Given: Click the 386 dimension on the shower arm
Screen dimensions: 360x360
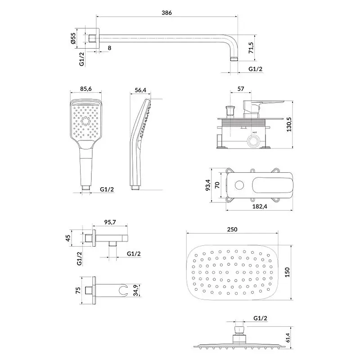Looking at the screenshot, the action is point(166,13).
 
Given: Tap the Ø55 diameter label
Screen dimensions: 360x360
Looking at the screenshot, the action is point(73,38).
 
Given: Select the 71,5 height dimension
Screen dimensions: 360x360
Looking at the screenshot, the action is point(251,48).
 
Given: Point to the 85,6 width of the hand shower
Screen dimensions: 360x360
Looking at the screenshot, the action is point(86,89).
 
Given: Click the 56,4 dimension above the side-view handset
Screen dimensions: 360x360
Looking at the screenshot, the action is point(140,90).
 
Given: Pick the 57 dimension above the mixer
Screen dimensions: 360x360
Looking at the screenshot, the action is point(241,89).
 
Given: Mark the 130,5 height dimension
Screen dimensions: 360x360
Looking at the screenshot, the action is point(289,125).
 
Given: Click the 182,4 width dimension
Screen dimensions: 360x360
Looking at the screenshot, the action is point(260,206).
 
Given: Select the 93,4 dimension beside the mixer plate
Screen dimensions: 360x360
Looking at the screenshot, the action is point(208,185).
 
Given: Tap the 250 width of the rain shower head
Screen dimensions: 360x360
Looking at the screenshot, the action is point(232,229).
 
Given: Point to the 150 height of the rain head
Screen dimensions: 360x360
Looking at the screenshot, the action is point(287,272).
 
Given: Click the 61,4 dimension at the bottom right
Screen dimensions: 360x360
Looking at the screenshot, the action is point(288,337).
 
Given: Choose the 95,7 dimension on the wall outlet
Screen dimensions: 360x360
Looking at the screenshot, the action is point(110,222).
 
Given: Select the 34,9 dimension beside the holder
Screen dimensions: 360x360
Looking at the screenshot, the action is point(135,290).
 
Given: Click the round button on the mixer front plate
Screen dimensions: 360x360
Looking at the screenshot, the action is point(240,185).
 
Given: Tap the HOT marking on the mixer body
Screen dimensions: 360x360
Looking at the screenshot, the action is point(254,132).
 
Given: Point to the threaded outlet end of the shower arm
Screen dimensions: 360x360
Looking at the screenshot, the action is point(234,58).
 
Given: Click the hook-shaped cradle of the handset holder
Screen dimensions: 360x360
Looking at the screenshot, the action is point(123,290).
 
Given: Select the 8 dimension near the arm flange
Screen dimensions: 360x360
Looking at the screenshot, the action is point(109,48).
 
